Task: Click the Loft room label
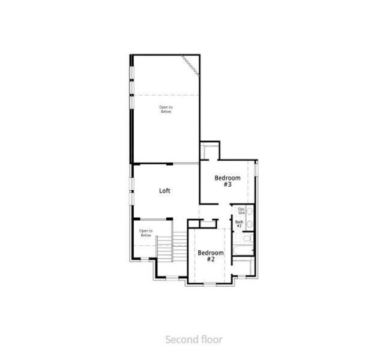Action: point(164,191)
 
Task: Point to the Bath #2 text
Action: point(239,224)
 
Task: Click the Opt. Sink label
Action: point(241,211)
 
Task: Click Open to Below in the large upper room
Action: point(166,109)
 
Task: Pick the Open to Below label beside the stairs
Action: point(145,233)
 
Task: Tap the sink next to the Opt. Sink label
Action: point(250,212)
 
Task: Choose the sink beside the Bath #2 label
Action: point(249,224)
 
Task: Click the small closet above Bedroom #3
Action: point(210,149)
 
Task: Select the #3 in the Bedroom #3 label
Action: point(228,185)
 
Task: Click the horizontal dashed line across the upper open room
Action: point(166,94)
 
